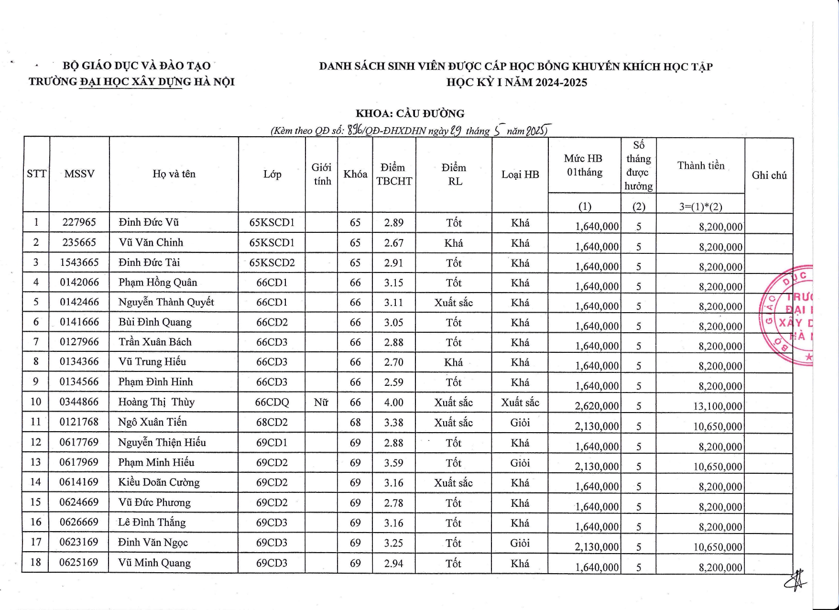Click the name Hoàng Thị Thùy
(156, 402)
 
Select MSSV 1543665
(79, 262)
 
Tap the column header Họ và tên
(174, 174)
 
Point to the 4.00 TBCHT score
(393, 403)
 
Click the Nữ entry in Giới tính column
(321, 403)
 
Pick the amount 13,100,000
(718, 406)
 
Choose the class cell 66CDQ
(272, 403)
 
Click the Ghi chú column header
(769, 175)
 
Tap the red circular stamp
(788, 316)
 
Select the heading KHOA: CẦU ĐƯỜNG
(410, 114)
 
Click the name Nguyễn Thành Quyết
(166, 302)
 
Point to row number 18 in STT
(36, 563)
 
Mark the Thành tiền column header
(700, 166)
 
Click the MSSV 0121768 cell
(79, 422)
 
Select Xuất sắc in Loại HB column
(520, 403)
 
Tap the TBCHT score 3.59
(393, 463)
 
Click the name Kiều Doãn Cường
(159, 482)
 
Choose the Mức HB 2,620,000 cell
(596, 406)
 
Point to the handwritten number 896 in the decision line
(355, 130)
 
